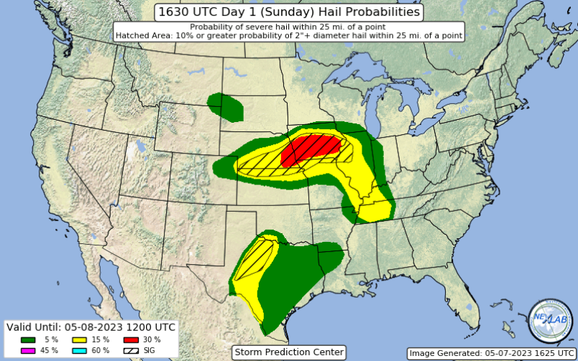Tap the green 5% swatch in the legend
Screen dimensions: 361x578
(x=29, y=339)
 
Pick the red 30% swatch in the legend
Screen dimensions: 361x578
(x=131, y=339)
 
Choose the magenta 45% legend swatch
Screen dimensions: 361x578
(x=29, y=350)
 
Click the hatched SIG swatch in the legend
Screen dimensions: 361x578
(x=131, y=350)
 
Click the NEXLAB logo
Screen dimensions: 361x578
(x=550, y=319)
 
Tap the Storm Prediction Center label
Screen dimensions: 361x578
(x=289, y=352)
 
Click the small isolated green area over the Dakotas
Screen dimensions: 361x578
(x=226, y=106)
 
